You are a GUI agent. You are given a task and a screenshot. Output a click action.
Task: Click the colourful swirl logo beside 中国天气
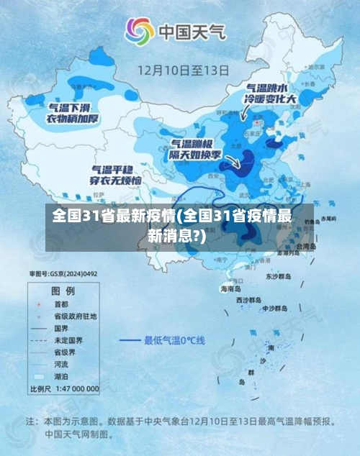pos(140,30)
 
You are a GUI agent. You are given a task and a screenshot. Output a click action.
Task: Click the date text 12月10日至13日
pos(183,70)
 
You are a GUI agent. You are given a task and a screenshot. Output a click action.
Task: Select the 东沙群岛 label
pos(276,275)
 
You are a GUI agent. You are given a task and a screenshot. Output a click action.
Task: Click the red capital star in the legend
pos(37,304)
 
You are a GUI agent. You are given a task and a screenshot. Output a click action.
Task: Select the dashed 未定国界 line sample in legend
pos(37,340)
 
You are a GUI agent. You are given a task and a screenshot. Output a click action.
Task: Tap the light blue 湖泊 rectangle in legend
pos(37,376)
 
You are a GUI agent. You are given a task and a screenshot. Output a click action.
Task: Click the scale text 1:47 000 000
pos(75,388)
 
